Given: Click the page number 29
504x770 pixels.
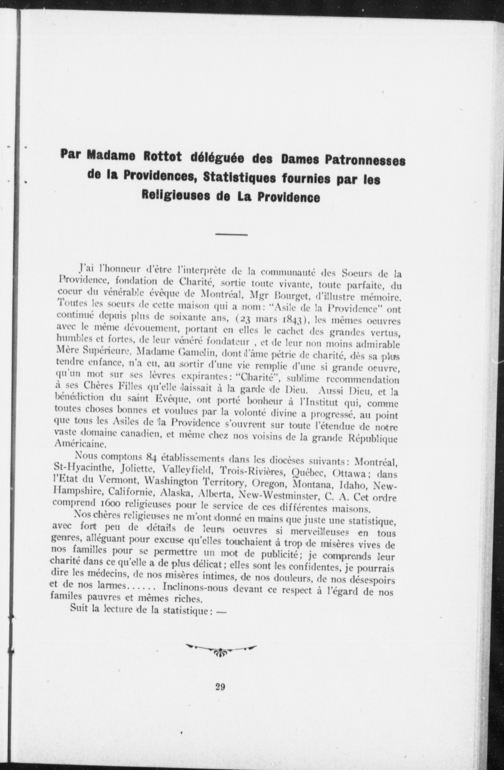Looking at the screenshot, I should click(x=220, y=687).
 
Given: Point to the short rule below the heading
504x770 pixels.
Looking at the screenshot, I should click(x=231, y=235).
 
